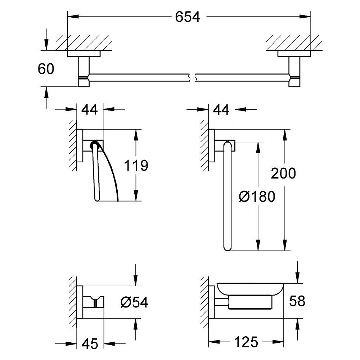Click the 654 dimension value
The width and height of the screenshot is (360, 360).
[x=187, y=17]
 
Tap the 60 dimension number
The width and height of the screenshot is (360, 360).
[x=46, y=69]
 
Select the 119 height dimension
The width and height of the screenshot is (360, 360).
[x=136, y=165]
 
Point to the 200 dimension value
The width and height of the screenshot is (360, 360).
[x=283, y=174]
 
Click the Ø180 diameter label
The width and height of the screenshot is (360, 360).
[x=257, y=197]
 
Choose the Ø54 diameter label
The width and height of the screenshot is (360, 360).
[x=134, y=302]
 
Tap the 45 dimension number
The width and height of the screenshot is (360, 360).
[x=90, y=344]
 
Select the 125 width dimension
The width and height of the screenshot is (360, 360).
[x=246, y=342]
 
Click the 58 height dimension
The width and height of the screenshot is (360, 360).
[x=297, y=301]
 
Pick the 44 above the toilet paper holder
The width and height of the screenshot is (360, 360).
[x=90, y=109]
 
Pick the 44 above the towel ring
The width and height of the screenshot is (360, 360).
[x=221, y=110]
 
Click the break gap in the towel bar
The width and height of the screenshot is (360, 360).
[x=192, y=78]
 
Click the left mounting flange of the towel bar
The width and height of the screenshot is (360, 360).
[x=84, y=54]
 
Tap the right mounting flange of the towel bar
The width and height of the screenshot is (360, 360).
[x=294, y=54]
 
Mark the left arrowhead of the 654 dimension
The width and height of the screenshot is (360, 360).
[x=73, y=17]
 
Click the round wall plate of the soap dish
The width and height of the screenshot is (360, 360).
[x=211, y=302]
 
